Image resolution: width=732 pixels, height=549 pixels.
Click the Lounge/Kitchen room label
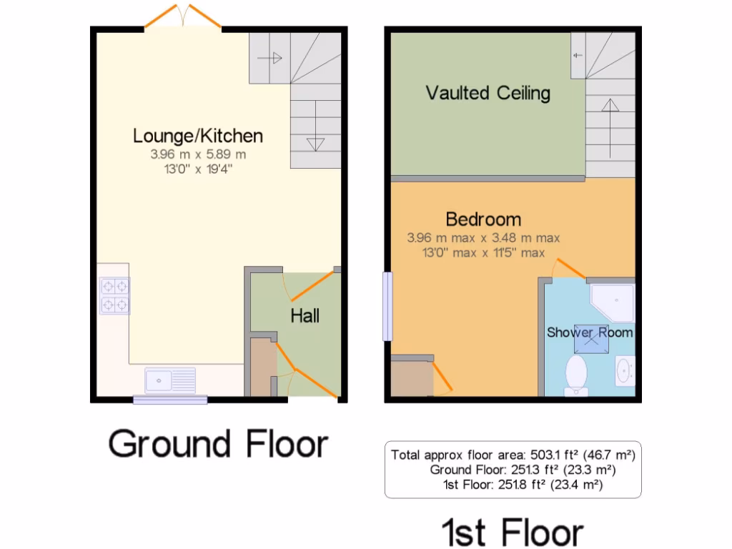click(198, 135)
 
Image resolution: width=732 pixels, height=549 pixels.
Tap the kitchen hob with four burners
click(115, 296)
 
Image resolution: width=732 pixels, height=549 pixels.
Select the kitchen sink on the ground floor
click(170, 380)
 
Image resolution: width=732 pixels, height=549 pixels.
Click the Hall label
click(305, 315)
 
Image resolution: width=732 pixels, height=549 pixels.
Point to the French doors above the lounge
click(183, 17)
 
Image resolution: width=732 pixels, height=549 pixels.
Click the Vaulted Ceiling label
click(488, 93)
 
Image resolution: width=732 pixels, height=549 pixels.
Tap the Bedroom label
click(483, 219)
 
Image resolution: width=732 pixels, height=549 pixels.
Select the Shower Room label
click(590, 332)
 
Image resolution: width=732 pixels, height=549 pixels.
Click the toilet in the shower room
click(575, 375)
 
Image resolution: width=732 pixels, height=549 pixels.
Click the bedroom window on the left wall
click(387, 306)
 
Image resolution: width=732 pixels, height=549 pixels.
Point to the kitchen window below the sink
click(170, 400)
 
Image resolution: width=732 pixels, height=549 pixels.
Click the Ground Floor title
click(218, 444)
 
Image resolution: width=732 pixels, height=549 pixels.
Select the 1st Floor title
click(513, 532)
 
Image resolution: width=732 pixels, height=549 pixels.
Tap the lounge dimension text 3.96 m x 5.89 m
click(198, 154)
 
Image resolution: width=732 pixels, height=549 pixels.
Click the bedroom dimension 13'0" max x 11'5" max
click(483, 252)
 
